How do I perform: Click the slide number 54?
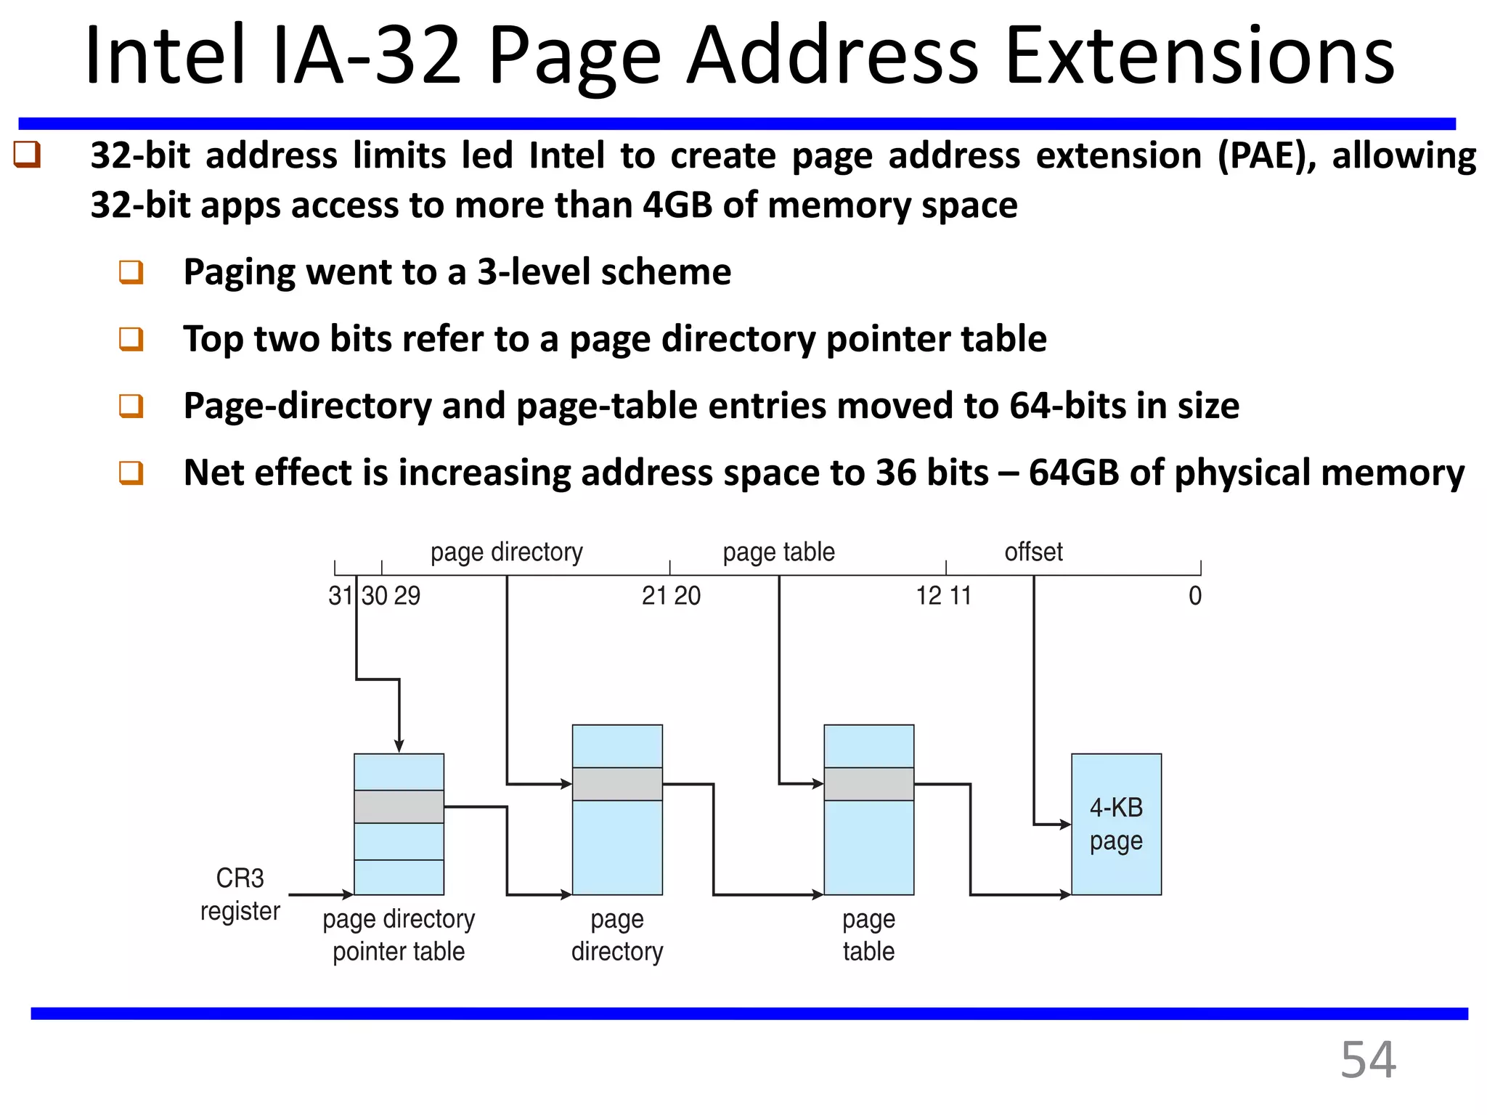(x=1367, y=1060)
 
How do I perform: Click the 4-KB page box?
(x=1116, y=824)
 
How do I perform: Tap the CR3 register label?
(x=240, y=894)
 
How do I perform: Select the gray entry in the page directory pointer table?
(x=399, y=806)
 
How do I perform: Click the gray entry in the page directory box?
(x=617, y=784)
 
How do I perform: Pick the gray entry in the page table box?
(x=868, y=784)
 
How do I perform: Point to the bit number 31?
(x=340, y=596)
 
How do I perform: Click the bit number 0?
(x=1194, y=596)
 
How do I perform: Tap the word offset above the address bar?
(x=1033, y=552)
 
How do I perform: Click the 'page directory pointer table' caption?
(x=399, y=935)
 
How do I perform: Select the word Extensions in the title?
(x=1199, y=57)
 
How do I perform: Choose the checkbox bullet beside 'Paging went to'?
(x=131, y=273)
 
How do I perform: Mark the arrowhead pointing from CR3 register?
(x=348, y=895)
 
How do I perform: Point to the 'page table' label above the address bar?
(x=778, y=552)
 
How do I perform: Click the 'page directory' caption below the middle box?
(x=617, y=935)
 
